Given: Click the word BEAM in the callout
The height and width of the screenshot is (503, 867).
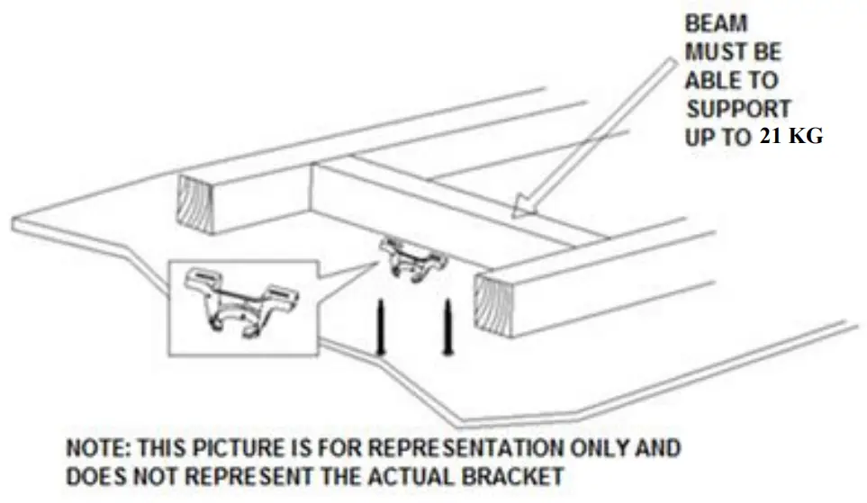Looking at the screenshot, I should coord(716,24).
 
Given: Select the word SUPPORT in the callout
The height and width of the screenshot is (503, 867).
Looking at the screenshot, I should coord(738,109).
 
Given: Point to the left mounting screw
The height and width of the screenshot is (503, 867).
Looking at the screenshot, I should coord(380,326).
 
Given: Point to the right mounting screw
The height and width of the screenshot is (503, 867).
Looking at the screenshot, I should coord(446,327).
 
